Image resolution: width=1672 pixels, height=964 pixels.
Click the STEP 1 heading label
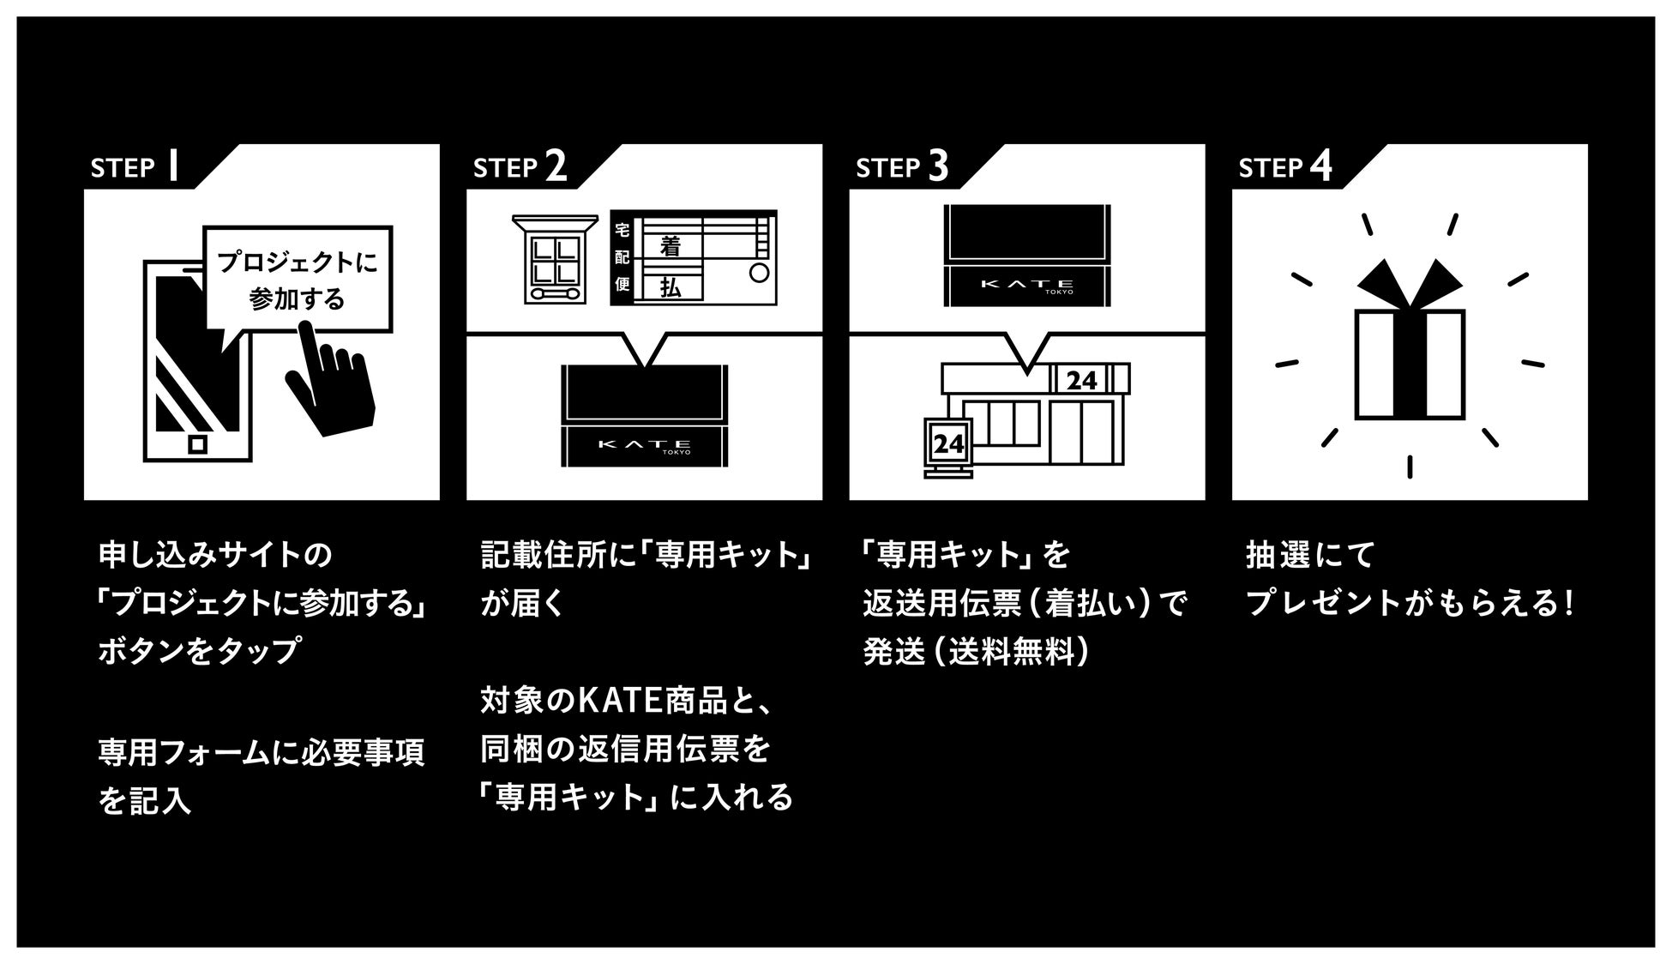pyautogui.click(x=135, y=166)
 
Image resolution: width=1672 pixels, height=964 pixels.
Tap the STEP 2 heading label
pyautogui.click(x=520, y=166)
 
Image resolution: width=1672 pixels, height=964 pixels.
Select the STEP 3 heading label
pyautogui.click(x=902, y=166)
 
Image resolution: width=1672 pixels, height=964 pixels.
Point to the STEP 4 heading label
pyautogui.click(x=1285, y=166)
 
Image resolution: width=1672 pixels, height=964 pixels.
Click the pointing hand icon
pyautogui.click(x=331, y=383)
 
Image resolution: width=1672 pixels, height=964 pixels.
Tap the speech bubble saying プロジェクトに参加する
pyautogui.click(x=298, y=280)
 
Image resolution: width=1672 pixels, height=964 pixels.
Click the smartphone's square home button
pyautogui.click(x=198, y=443)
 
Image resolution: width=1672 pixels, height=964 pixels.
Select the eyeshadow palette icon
pyautogui.click(x=555, y=260)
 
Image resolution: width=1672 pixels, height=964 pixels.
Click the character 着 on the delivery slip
pyautogui.click(x=670, y=247)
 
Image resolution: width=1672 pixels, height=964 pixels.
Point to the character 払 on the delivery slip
pyautogui.click(x=670, y=287)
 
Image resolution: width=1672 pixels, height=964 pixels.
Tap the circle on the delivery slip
pyautogui.click(x=759, y=273)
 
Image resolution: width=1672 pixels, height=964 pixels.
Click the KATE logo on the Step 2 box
pyautogui.click(x=644, y=444)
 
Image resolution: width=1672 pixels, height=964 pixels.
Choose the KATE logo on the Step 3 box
pyautogui.click(x=1026, y=284)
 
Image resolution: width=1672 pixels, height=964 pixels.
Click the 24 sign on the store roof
pyautogui.click(x=1081, y=380)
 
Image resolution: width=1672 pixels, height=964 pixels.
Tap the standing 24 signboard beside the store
pyautogui.click(x=948, y=444)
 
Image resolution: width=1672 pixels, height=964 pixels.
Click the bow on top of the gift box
pyautogui.click(x=1409, y=283)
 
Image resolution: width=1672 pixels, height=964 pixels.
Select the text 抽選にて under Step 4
pyautogui.click(x=1310, y=555)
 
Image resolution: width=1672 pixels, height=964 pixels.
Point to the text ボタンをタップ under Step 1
pyautogui.click(x=198, y=651)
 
